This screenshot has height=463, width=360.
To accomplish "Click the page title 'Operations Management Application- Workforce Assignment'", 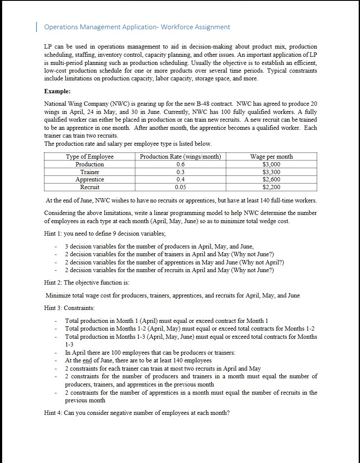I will click(x=137, y=27).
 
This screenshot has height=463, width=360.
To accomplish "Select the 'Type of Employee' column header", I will click(x=89, y=156).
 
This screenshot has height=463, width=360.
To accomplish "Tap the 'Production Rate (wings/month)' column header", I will click(x=180, y=156).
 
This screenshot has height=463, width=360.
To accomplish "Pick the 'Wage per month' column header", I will click(x=271, y=156).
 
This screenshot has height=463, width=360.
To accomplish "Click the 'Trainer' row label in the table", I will click(x=89, y=172).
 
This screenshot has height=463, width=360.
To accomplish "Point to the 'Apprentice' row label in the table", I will click(x=89, y=179).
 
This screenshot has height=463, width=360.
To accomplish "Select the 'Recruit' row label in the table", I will click(x=89, y=187).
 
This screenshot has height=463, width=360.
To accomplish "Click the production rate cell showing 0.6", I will click(x=180, y=164).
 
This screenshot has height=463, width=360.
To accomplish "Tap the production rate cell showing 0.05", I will click(x=180, y=187).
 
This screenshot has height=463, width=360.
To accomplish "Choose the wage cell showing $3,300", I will click(x=271, y=172).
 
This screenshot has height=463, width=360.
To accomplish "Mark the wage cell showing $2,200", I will click(x=271, y=187).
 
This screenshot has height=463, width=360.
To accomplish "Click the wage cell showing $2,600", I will click(x=271, y=179).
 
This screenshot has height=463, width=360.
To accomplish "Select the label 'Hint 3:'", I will click(x=53, y=308).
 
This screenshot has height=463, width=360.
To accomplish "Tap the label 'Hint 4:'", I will click(x=53, y=413).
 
